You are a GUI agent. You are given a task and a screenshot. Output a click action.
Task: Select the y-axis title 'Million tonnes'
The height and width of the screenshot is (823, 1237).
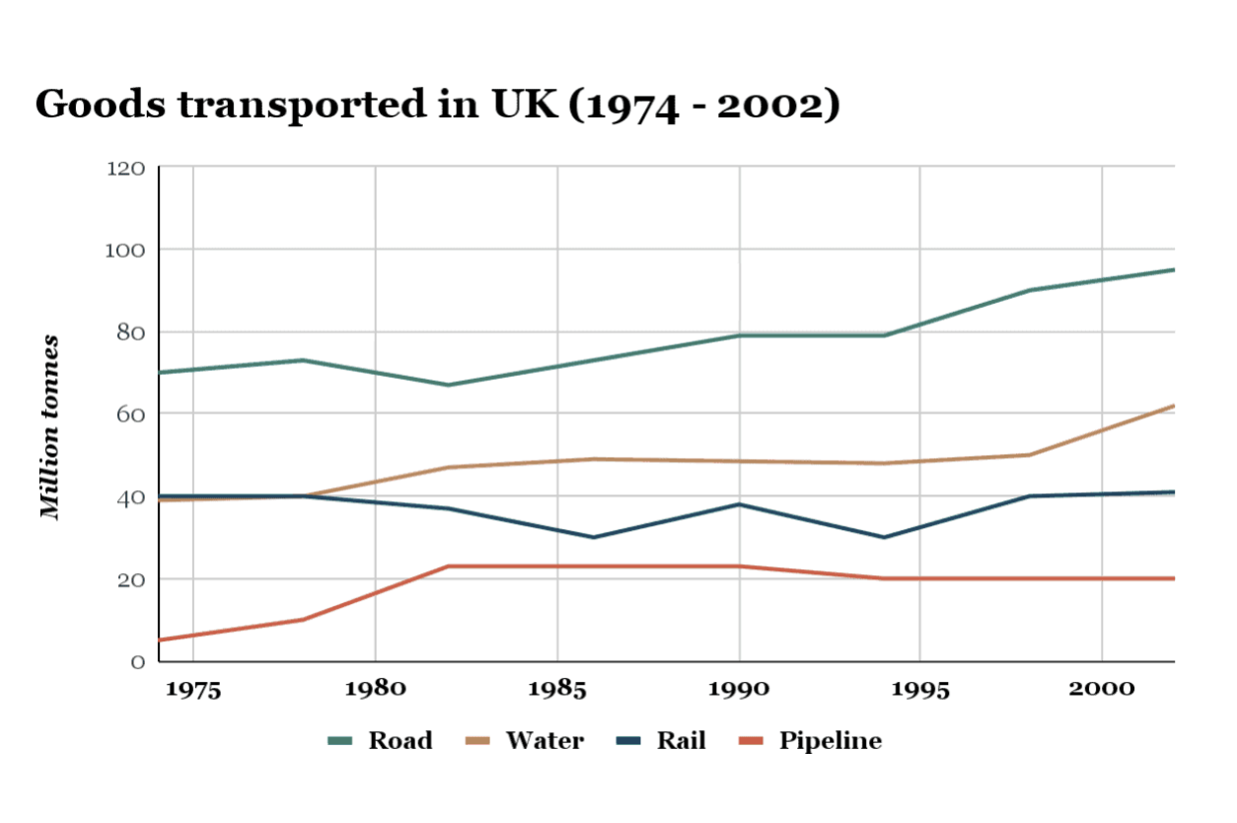(x=50, y=427)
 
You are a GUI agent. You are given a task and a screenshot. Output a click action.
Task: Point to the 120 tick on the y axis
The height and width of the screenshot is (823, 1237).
(x=125, y=169)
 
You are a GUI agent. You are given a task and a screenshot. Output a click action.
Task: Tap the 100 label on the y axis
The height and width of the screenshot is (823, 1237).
(x=125, y=251)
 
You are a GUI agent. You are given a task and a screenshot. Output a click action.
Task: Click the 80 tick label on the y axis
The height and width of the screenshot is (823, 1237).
(x=129, y=333)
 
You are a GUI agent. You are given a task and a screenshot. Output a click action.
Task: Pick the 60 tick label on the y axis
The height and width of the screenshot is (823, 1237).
(x=129, y=414)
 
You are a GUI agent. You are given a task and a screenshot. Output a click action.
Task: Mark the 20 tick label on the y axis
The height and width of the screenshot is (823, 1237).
(x=129, y=579)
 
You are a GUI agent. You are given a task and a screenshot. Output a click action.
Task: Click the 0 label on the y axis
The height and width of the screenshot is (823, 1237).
(x=137, y=661)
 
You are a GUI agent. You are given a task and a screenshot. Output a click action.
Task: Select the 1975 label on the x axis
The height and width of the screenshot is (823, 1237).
(x=193, y=689)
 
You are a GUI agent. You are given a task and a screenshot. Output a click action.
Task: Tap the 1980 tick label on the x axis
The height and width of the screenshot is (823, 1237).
(x=375, y=689)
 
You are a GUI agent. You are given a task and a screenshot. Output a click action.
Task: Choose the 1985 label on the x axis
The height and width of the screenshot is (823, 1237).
(x=557, y=689)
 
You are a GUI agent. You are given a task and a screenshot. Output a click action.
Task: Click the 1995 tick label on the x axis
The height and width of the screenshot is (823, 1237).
(x=920, y=689)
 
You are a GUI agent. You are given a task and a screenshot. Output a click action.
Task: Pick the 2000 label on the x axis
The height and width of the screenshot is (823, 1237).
(x=1102, y=689)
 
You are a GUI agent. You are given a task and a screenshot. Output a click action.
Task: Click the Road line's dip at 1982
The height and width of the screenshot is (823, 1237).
(x=448, y=385)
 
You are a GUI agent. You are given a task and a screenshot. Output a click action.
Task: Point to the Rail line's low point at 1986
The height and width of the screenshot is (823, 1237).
(x=593, y=538)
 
